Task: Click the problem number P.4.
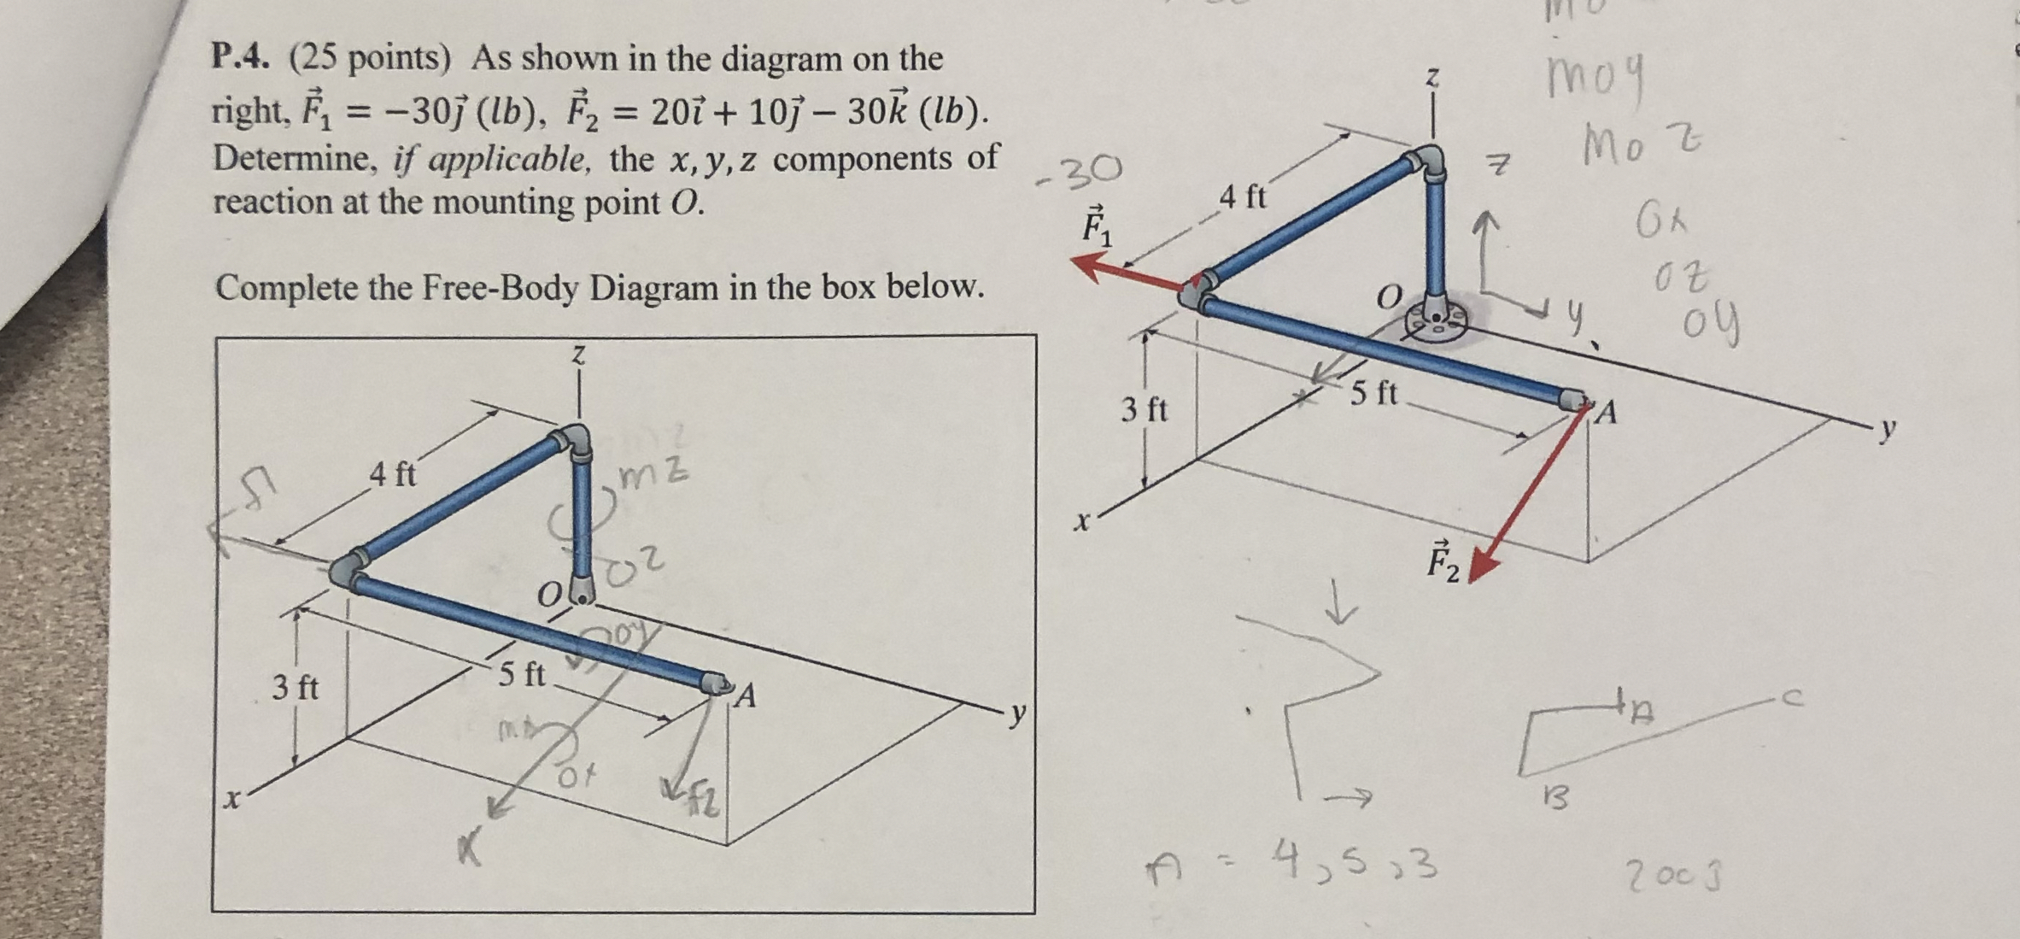(x=241, y=57)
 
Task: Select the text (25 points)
(x=369, y=57)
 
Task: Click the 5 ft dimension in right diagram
(x=1374, y=393)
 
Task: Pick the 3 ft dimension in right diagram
(x=1144, y=410)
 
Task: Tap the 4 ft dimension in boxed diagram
(x=392, y=473)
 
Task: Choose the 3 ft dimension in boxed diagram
(x=295, y=687)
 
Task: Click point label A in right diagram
(x=1606, y=414)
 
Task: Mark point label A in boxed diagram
(x=746, y=697)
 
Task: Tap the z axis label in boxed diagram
(x=578, y=355)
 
